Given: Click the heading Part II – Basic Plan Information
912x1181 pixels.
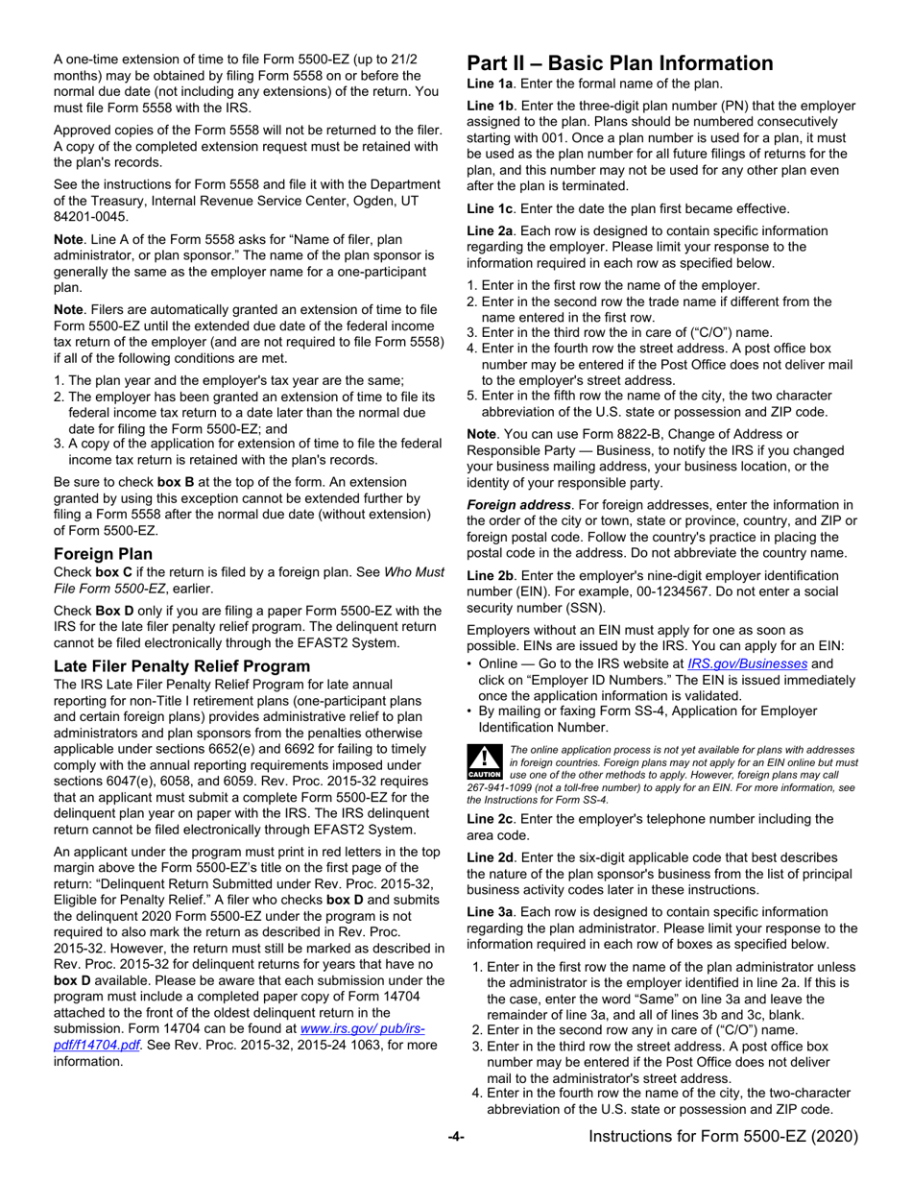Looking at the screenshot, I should [x=619, y=63].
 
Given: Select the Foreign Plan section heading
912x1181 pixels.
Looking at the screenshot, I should [x=102, y=554].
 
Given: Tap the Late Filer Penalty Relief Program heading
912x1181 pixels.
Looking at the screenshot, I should [x=181, y=665].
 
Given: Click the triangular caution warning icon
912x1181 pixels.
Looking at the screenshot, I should [x=483, y=759].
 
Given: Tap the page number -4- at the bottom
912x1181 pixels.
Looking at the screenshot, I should [x=456, y=1137].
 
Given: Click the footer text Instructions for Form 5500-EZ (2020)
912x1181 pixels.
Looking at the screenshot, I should [x=723, y=1137].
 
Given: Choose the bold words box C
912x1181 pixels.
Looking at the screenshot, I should [x=113, y=572].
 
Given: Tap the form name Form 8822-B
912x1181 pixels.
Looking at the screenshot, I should [x=608, y=434].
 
